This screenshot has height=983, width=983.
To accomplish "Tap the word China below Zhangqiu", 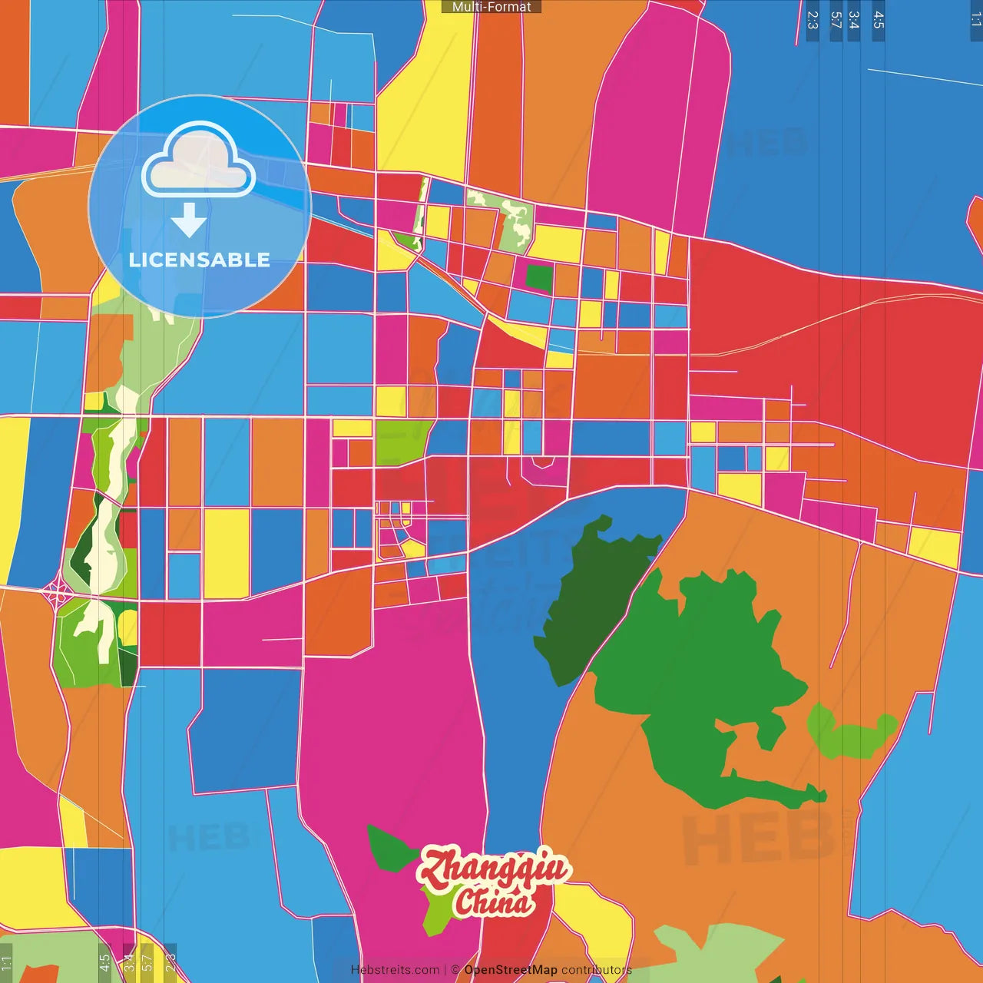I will click(493, 902).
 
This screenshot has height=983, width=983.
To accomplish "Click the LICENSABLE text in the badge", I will click(200, 260).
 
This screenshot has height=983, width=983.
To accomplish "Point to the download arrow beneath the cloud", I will click(189, 221).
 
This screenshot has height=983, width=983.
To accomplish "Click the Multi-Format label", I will click(491, 7).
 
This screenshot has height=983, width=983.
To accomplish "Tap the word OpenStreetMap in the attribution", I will click(511, 970).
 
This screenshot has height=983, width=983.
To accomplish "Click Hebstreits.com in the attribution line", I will click(395, 970).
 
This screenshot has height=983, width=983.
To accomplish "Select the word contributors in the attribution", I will click(597, 970).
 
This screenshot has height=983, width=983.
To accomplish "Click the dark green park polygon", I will click(591, 599).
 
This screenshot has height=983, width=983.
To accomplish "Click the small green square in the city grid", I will click(539, 277).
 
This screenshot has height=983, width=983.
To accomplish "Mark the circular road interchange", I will click(57, 592).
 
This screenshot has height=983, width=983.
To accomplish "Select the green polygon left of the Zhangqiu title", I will click(390, 849).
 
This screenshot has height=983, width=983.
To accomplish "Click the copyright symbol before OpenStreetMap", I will click(455, 970).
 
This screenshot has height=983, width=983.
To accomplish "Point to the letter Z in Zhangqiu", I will click(436, 869).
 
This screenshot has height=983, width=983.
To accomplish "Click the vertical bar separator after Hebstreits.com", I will click(445, 970).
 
